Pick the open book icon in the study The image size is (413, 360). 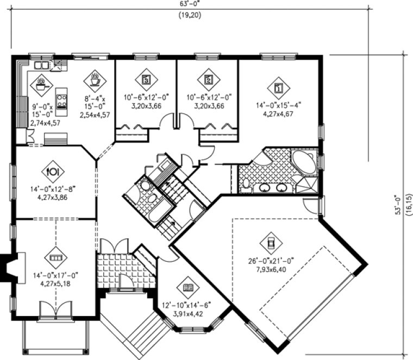188,287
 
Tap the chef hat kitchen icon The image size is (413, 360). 41,84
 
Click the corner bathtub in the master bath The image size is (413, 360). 303,161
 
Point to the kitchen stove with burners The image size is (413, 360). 61,101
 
